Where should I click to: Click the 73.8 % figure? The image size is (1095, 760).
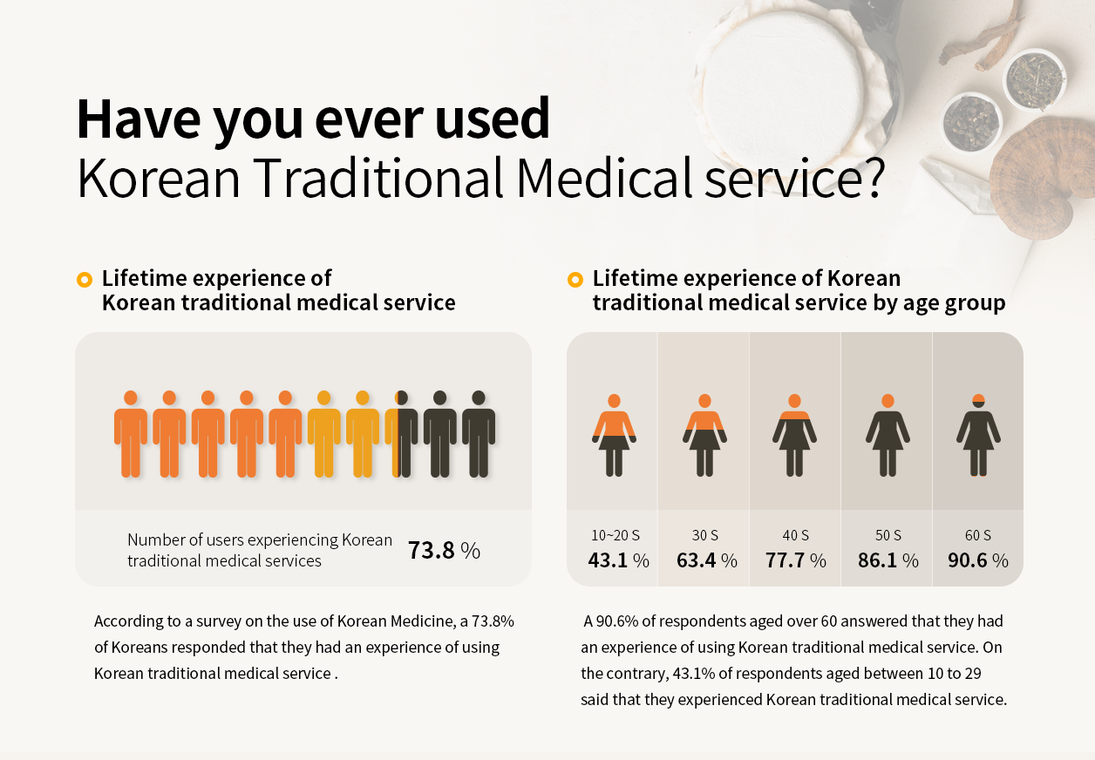444,551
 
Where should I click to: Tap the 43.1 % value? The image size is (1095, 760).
618,560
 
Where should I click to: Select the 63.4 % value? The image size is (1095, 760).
706,560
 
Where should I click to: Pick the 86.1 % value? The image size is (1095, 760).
888,560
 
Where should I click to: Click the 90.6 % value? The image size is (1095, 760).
977,560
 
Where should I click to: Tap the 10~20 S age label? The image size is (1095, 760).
615,535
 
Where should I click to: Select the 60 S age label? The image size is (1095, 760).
977,535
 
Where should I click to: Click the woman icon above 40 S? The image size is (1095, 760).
794,435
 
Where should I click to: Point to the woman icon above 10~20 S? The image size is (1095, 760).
614,435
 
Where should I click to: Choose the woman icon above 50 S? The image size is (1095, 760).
888,435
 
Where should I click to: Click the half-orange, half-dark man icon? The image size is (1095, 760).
401,433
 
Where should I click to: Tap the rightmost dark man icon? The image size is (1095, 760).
479,433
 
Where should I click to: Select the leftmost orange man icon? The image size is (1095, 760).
131,433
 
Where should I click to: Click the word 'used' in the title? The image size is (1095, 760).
494,119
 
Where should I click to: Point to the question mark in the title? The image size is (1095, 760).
868,178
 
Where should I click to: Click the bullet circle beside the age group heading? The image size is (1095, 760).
575,280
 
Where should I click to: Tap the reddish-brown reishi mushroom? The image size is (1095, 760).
1037,182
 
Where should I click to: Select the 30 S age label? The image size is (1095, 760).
705,535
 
